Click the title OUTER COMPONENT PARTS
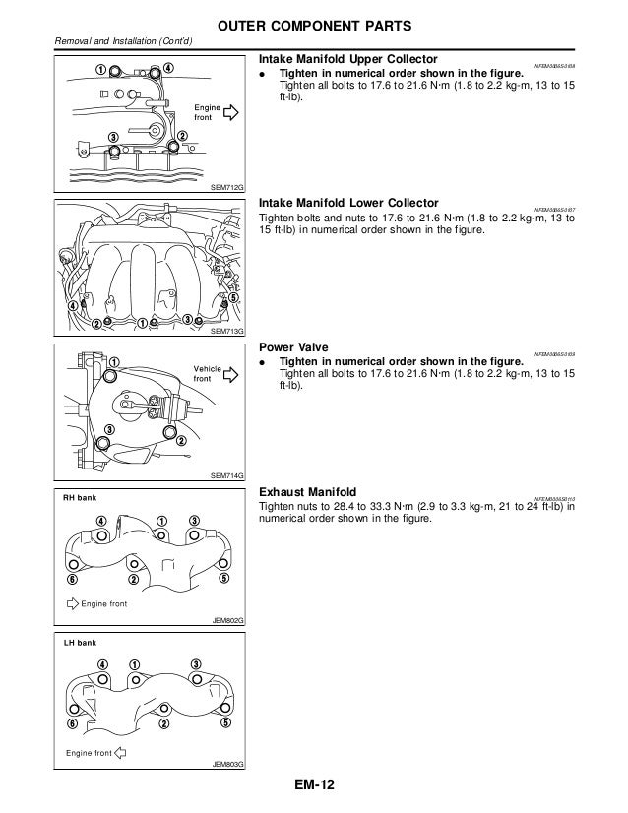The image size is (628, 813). coord(314,23)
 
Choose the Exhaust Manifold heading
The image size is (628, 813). coord(307,491)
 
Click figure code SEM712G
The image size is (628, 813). coord(227,188)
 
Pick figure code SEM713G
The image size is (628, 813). coord(227,333)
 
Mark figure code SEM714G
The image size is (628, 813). coord(227,476)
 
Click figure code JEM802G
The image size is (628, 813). coord(227,620)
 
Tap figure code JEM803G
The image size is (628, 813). coord(227,764)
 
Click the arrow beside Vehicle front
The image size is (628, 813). coord(232,375)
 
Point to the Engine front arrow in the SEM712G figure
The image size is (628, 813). coord(231,113)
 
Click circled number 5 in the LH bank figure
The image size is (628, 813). coord(225,723)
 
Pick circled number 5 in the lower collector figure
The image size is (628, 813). coord(232,298)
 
